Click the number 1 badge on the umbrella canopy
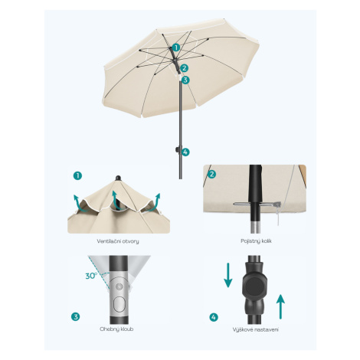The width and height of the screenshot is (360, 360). (176, 47)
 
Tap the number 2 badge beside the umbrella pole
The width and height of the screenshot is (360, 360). (184, 68)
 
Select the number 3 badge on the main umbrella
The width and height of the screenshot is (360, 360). (185, 80)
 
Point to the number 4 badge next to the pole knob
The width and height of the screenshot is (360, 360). (185, 152)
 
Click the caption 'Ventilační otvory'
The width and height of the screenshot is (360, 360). (118, 241)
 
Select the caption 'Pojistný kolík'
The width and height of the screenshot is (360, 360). (256, 241)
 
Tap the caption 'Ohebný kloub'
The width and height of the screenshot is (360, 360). (116, 329)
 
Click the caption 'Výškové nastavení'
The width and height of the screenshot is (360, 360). (256, 329)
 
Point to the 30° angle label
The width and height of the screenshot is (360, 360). (91, 276)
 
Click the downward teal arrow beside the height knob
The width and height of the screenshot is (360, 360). (228, 275)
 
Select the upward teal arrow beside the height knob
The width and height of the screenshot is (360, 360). (280, 306)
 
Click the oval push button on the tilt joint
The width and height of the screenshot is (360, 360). (119, 304)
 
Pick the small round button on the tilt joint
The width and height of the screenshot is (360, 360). (119, 286)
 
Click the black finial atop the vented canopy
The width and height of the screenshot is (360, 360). (118, 178)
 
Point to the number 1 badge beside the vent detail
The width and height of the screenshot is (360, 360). (77, 175)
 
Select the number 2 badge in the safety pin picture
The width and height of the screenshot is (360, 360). (211, 175)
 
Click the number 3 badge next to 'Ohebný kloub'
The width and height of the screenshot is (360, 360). (75, 317)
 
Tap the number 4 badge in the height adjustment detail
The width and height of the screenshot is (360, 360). (214, 317)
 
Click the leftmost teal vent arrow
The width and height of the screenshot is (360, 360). (79, 204)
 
